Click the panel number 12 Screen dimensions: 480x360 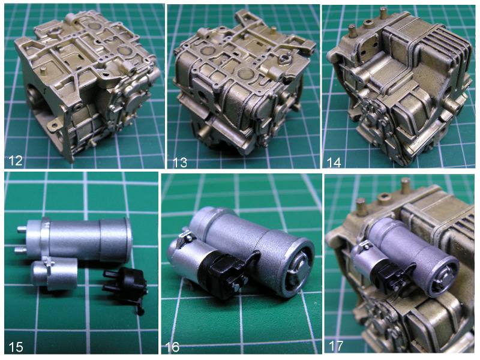pos(15,160)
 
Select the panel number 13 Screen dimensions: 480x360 pos(180,162)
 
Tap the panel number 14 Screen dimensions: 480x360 pos(334,162)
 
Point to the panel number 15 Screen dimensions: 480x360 pos(16,347)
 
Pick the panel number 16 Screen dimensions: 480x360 pos(172,347)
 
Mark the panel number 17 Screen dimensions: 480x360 pos(336,346)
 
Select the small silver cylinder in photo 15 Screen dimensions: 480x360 pos(55,274)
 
